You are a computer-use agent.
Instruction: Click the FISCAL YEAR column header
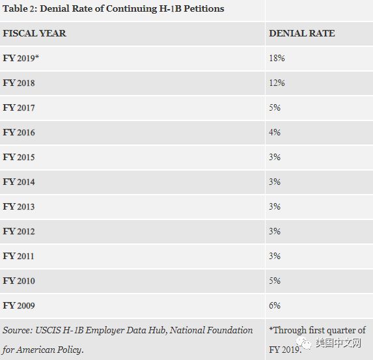[35, 33]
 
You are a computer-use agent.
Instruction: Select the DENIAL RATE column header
[302, 33]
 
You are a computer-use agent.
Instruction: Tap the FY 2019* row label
[21, 58]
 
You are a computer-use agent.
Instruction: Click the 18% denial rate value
[277, 58]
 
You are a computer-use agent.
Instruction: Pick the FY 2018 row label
[19, 83]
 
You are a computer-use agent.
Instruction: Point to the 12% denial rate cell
[277, 83]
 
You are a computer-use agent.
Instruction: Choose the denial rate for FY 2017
[275, 107]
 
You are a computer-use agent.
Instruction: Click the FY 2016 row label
[19, 132]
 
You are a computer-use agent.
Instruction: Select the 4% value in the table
[275, 132]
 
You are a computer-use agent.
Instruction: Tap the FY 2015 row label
[19, 157]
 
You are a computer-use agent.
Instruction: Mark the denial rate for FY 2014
[275, 182]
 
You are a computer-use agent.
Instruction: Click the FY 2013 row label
[19, 206]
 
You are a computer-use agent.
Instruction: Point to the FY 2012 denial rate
[275, 231]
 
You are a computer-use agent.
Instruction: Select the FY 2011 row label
[19, 256]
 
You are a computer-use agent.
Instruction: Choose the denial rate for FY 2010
[275, 281]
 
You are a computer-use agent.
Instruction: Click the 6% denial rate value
[275, 305]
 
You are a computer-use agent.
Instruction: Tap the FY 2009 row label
[19, 305]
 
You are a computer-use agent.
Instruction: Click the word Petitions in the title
[204, 8]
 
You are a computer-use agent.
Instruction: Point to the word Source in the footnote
[18, 330]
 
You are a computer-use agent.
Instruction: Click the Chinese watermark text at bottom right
[338, 343]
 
